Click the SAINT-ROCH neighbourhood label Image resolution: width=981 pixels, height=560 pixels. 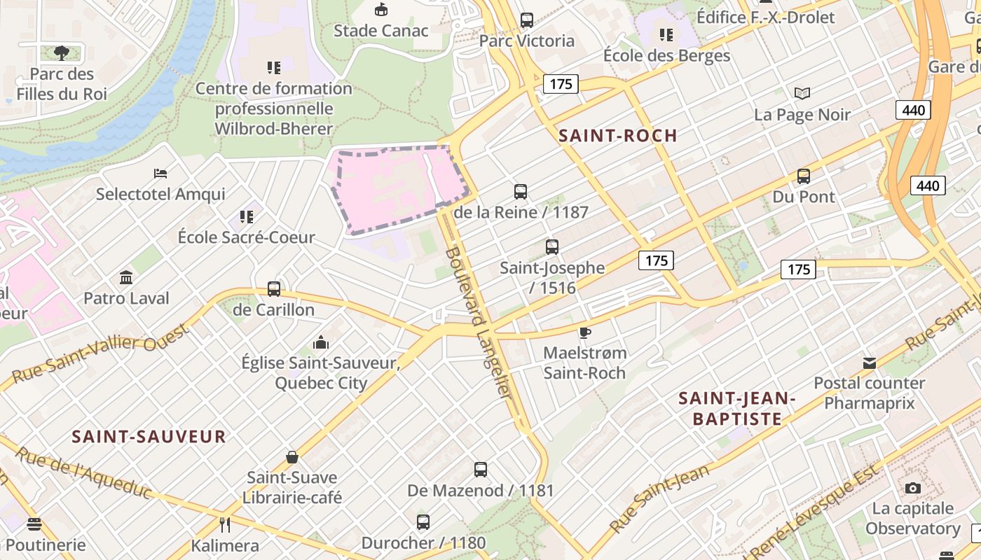tap(617, 136)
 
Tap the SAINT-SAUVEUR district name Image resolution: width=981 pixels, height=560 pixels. tap(149, 437)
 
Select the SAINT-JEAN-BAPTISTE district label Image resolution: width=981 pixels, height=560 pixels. tap(736, 409)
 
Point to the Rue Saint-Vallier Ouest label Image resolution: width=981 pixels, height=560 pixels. tap(101, 357)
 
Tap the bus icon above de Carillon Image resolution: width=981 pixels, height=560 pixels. tap(274, 288)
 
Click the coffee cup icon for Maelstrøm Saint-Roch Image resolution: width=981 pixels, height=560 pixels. tap(585, 332)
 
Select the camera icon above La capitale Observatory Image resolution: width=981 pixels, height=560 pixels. tap(912, 488)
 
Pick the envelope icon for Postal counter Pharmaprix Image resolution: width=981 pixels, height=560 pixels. tap(870, 363)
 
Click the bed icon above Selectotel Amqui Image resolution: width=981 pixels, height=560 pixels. tap(160, 173)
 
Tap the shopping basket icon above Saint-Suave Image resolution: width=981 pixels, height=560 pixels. tap(292, 457)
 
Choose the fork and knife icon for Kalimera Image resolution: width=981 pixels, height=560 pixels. tap(225, 524)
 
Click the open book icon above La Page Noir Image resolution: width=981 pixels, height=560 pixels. tap(802, 93)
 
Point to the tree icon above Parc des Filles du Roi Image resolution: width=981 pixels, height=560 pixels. tap(62, 52)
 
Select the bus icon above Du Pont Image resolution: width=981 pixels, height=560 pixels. tap(804, 176)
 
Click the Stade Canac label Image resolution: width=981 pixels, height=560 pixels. tap(380, 31)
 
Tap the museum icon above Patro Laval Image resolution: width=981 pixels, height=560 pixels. tap(126, 278)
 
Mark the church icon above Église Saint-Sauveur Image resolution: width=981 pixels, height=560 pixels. tap(321, 342)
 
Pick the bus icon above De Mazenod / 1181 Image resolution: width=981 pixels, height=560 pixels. tap(480, 470)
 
